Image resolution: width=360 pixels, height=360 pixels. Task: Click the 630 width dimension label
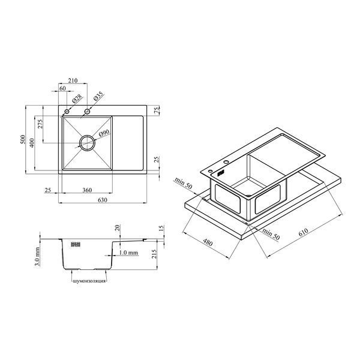coord(103,200)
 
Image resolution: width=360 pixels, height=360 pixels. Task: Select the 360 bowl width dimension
coord(87,190)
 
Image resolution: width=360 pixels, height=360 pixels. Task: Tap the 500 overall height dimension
coord(23,139)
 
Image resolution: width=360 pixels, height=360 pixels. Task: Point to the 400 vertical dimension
coord(32,143)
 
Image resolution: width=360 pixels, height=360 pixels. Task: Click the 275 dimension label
coord(40,124)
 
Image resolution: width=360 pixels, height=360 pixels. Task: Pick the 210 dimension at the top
coord(73,80)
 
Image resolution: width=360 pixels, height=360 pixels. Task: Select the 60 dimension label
coord(62,88)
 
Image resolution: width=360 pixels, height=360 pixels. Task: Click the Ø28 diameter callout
coord(77,99)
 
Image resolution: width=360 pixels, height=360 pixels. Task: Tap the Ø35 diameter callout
coord(98,96)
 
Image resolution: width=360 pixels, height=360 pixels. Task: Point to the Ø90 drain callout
coord(104,133)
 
